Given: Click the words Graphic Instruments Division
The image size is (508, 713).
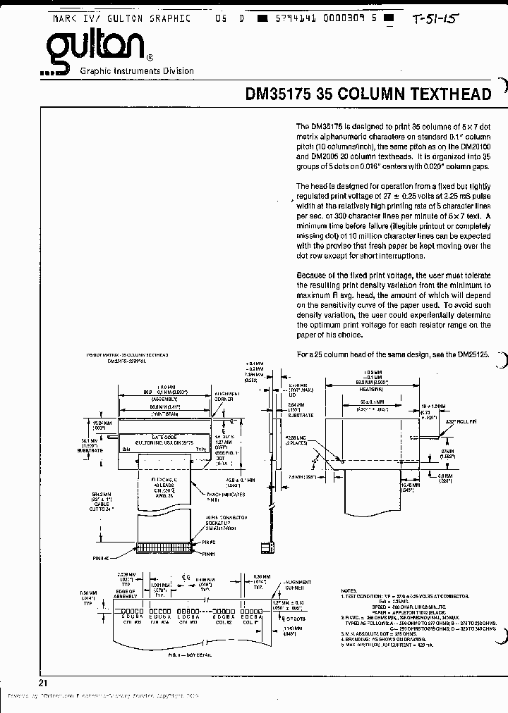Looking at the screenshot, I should (137, 71).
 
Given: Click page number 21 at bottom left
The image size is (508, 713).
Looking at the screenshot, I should (44, 683).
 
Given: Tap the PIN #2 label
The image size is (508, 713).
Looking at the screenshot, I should (210, 542).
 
